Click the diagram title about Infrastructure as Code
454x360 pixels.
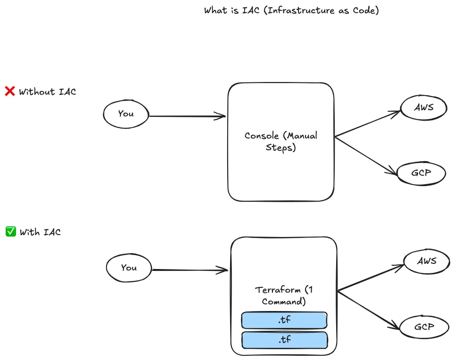[291, 10]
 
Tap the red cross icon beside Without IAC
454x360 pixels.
[10, 91]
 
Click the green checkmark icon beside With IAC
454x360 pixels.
[11, 231]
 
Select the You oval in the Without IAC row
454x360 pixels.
[126, 114]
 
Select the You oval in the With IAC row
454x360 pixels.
[129, 268]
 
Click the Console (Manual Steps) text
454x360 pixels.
[281, 141]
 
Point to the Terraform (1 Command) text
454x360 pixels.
[283, 295]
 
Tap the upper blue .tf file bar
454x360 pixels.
[284, 320]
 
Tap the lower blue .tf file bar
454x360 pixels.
[284, 340]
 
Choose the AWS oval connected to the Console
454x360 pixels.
[423, 107]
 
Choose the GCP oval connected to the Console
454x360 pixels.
[421, 173]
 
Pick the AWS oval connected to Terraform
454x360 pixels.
[427, 261]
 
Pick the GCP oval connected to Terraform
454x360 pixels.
[424, 327]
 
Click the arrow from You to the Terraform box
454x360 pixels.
[190, 270]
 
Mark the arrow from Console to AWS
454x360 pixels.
[368, 124]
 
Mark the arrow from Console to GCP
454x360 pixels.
[367, 155]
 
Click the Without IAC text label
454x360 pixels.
[47, 92]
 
